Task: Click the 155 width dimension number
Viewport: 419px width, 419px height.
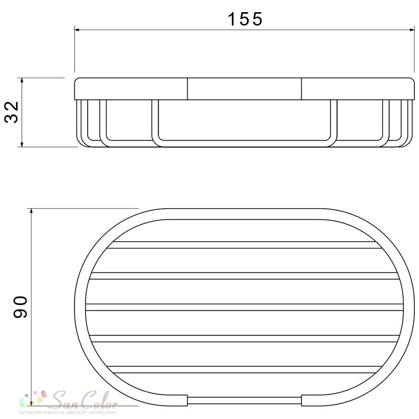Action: (x=245, y=19)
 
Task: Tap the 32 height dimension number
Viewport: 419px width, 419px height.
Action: (x=11, y=112)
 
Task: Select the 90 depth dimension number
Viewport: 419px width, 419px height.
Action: (x=20, y=307)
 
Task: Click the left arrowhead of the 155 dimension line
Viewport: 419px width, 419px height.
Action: (x=77, y=30)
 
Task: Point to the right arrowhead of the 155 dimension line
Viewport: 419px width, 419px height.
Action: (x=411, y=30)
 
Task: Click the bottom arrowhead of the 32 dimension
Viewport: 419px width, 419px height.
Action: (x=22, y=144)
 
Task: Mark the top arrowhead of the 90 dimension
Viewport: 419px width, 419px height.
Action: (x=31, y=212)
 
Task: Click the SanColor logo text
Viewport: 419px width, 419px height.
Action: (x=84, y=400)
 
